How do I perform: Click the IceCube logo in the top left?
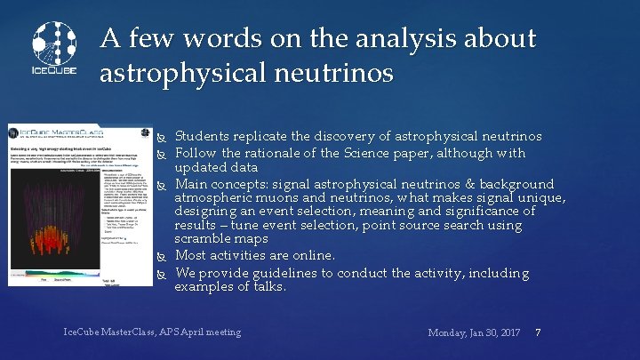(55, 49)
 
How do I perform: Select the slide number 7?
(539, 332)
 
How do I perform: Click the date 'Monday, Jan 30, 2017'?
(474, 332)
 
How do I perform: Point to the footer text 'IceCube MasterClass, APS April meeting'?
(152, 332)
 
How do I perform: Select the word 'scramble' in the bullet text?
(206, 240)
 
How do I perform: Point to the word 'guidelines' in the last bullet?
(290, 271)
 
